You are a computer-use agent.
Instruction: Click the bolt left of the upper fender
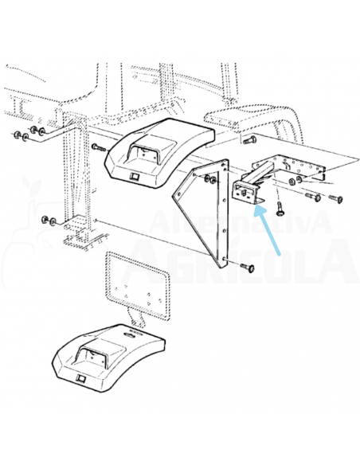tap(96, 147)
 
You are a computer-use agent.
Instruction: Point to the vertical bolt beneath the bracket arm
tap(280, 208)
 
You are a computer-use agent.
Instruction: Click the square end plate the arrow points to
tap(242, 191)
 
